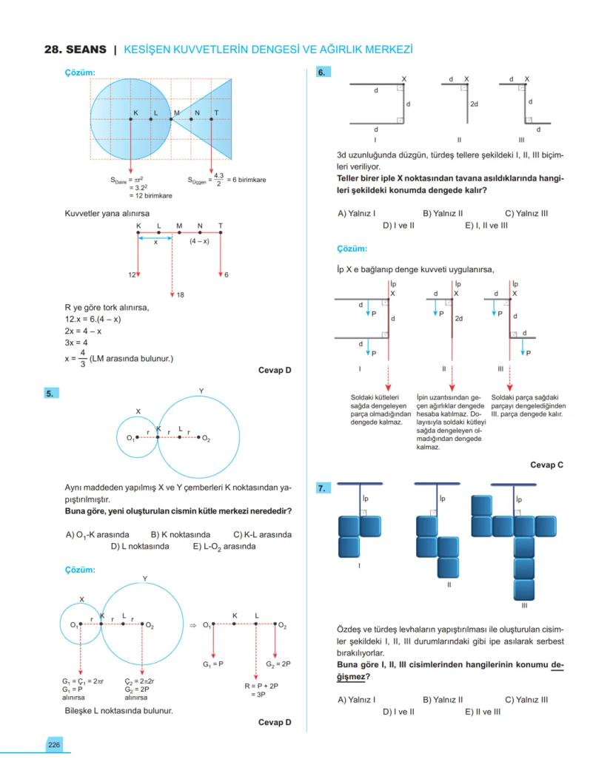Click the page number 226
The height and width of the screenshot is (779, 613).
click(x=54, y=744)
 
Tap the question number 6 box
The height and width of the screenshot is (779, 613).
click(x=323, y=72)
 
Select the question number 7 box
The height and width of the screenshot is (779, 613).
click(x=323, y=489)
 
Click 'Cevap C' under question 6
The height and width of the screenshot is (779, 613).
click(x=546, y=465)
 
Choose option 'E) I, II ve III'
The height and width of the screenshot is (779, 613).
click(x=486, y=225)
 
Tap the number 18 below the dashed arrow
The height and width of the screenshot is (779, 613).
click(x=180, y=295)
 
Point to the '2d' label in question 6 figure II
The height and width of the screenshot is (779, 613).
click(x=474, y=104)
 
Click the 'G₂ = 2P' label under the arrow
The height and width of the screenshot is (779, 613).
click(x=278, y=664)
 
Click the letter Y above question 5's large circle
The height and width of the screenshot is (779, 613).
click(x=201, y=391)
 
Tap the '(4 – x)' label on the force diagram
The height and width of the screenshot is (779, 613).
click(x=199, y=241)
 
